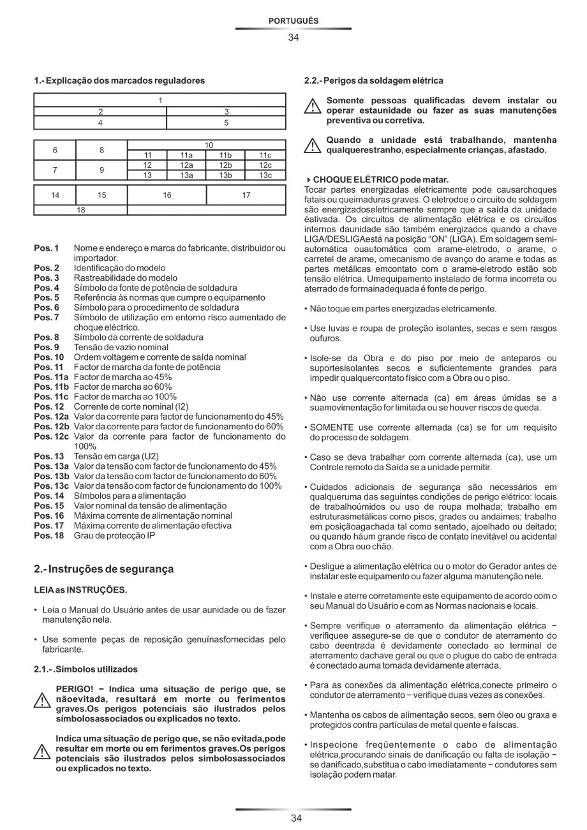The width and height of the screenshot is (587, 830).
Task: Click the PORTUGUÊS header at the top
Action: (293, 21)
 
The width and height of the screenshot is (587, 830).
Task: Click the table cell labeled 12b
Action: (226, 165)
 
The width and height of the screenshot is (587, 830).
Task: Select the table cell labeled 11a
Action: (186, 155)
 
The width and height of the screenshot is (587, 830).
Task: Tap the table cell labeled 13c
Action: (265, 175)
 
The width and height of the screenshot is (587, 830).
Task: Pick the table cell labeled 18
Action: (80, 210)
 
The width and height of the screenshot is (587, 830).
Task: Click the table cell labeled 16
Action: (167, 195)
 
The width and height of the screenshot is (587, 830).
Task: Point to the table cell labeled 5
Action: (226, 122)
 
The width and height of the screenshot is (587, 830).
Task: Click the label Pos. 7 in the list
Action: (47, 317)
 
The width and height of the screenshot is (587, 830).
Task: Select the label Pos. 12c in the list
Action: (52, 436)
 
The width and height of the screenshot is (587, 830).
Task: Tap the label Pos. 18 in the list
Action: (49, 535)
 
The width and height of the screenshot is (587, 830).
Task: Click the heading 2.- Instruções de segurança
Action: (103, 568)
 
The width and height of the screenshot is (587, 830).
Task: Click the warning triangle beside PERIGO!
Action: (42, 700)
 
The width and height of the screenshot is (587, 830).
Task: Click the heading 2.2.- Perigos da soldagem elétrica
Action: (374, 81)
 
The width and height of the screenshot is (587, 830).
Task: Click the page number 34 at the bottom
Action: (293, 818)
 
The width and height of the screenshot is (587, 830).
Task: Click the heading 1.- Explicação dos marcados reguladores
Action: (119, 81)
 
